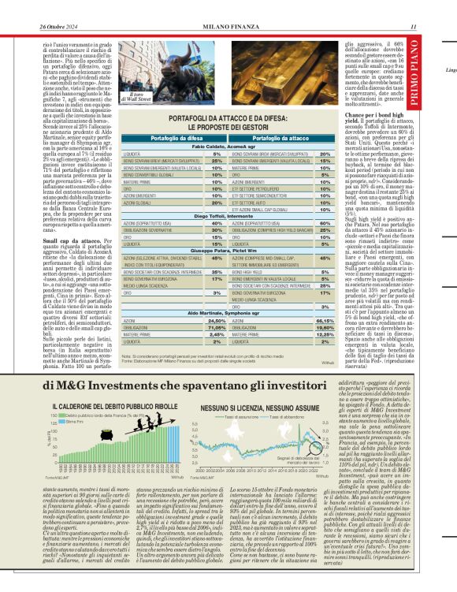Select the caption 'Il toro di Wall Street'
(139, 98)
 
